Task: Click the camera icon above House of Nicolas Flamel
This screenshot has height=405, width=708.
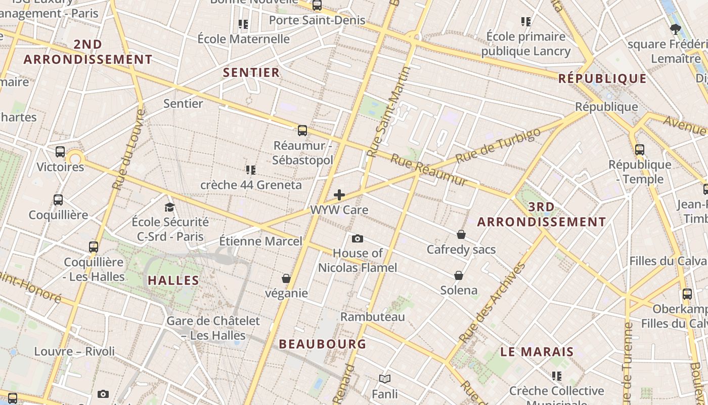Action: (x=357, y=238)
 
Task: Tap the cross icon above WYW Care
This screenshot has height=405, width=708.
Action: (x=339, y=195)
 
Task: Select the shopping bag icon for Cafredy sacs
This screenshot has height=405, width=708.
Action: (x=461, y=234)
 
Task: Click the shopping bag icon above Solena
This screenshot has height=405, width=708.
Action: (x=458, y=275)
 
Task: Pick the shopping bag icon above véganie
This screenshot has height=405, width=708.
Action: (x=286, y=278)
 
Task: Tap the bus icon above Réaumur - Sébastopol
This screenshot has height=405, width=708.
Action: (x=302, y=131)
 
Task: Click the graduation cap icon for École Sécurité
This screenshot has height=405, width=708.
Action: (x=169, y=207)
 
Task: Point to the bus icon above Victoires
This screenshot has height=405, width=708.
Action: (x=60, y=151)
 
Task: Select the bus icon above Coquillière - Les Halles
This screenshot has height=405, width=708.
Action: (x=94, y=247)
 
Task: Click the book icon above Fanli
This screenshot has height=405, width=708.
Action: (x=385, y=379)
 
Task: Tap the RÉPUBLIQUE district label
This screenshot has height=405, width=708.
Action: (x=602, y=78)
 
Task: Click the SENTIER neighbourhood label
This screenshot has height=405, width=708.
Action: (x=251, y=72)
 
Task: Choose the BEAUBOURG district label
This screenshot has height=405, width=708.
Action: (x=323, y=344)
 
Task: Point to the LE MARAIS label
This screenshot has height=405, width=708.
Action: (x=537, y=352)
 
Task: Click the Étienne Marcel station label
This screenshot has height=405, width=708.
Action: (x=260, y=241)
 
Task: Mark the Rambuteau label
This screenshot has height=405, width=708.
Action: (x=373, y=317)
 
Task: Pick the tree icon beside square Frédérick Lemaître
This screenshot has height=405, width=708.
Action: (x=675, y=29)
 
